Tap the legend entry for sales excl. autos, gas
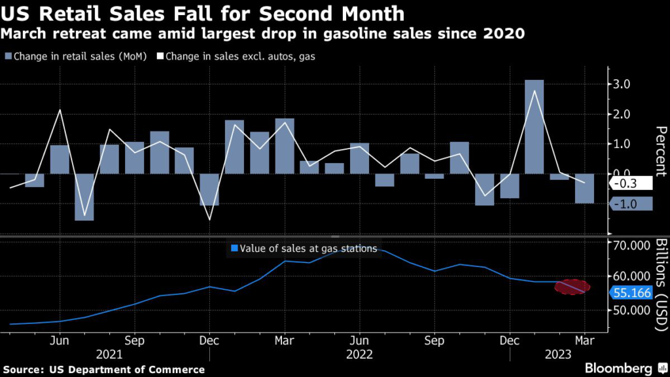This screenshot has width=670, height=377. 236,57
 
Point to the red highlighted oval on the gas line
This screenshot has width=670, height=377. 572,287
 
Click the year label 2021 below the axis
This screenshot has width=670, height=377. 109,354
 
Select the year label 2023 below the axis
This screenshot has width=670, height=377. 560,354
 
